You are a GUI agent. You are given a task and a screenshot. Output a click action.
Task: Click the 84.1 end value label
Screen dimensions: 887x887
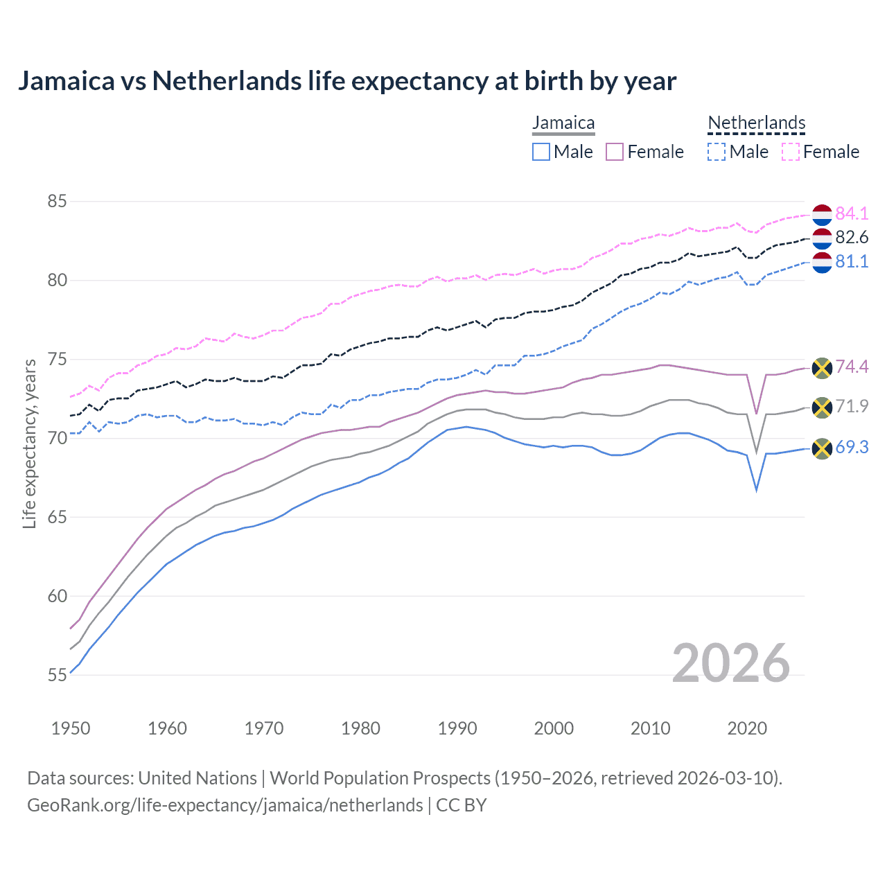pyautogui.click(x=852, y=213)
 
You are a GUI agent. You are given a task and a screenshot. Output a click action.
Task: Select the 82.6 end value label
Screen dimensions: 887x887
pyautogui.click(x=852, y=238)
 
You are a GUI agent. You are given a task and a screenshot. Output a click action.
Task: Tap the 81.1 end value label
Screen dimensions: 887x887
pyautogui.click(x=852, y=261)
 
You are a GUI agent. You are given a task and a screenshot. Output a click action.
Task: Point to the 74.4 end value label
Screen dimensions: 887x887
pyautogui.click(x=852, y=367)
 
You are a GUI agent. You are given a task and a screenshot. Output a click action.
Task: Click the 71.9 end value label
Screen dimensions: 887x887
pyautogui.click(x=852, y=406)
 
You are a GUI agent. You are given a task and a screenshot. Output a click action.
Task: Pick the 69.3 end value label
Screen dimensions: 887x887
pyautogui.click(x=852, y=448)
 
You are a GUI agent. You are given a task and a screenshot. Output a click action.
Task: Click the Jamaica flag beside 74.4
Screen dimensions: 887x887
pyautogui.click(x=822, y=368)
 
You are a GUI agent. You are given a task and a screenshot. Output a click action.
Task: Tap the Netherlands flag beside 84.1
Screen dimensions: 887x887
pyautogui.click(x=822, y=215)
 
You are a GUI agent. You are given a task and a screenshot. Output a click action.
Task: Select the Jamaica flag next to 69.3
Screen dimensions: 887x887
pyautogui.click(x=822, y=449)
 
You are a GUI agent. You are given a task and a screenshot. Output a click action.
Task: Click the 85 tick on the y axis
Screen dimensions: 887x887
pyautogui.click(x=57, y=202)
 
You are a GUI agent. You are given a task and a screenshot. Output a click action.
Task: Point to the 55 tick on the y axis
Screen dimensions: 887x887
pyautogui.click(x=57, y=675)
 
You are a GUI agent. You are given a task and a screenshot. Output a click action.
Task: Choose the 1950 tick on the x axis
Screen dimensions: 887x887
pyautogui.click(x=71, y=728)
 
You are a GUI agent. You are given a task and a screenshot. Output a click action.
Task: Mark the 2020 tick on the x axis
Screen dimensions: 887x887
pyautogui.click(x=747, y=728)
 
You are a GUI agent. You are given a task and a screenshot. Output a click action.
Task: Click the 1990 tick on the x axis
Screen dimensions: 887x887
pyautogui.click(x=457, y=728)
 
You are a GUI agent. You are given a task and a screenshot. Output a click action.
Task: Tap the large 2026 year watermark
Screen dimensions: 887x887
pyautogui.click(x=731, y=663)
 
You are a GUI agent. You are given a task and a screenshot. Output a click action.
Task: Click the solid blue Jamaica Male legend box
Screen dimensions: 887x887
pyautogui.click(x=541, y=152)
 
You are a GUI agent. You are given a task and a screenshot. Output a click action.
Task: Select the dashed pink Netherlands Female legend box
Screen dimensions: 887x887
pyautogui.click(x=791, y=152)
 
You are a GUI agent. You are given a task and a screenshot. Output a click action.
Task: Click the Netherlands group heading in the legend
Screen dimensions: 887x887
pyautogui.click(x=756, y=123)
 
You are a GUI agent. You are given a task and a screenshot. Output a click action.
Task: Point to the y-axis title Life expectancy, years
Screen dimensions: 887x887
pyautogui.click(x=30, y=443)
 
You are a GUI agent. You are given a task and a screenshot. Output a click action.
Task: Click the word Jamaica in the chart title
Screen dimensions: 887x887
pyautogui.click(x=66, y=81)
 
